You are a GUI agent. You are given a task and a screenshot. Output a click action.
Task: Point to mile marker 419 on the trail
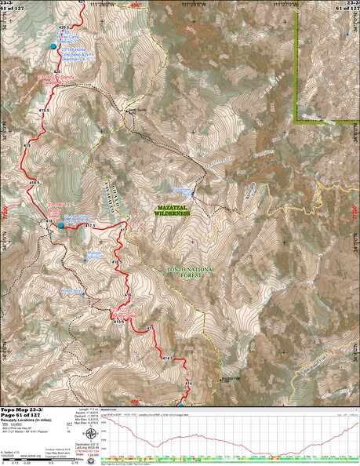27,146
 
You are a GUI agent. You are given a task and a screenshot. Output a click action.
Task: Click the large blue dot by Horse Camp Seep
54,47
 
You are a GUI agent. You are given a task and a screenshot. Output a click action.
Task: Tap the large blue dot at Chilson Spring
61,226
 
